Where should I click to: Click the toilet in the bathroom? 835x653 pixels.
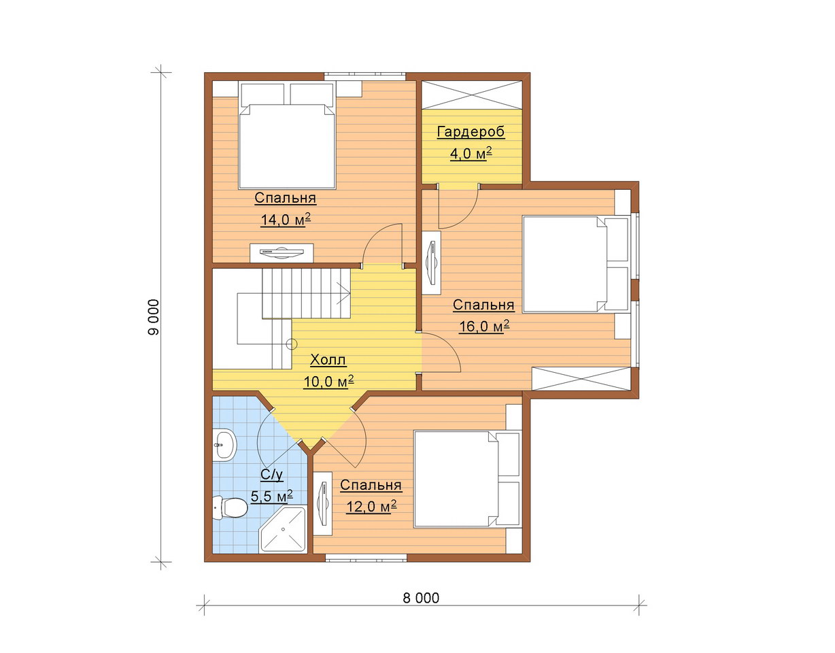tap(229, 507)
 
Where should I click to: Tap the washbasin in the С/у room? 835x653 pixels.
tap(225, 445)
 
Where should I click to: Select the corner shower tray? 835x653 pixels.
tap(283, 530)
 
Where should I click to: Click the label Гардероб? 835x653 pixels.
tap(471, 132)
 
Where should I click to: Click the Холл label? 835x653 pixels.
tap(328, 360)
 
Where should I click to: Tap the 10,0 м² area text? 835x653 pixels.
tap(328, 382)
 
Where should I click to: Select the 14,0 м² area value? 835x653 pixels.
tap(286, 220)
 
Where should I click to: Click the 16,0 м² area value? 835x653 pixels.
tap(484, 326)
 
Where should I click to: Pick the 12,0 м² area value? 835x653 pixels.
tap(371, 507)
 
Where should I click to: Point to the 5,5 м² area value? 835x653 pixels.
tap(272, 496)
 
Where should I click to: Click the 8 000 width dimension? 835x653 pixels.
tap(421, 598)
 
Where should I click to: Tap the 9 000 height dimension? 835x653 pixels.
tap(153, 317)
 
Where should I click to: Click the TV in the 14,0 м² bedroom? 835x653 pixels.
tap(282, 252)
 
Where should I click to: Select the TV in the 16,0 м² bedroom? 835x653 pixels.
tap(432, 263)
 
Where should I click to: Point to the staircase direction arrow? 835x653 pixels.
tap(344, 293)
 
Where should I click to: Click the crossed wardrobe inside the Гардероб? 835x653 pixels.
tap(472, 95)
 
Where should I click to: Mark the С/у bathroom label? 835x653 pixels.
tap(272, 475)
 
